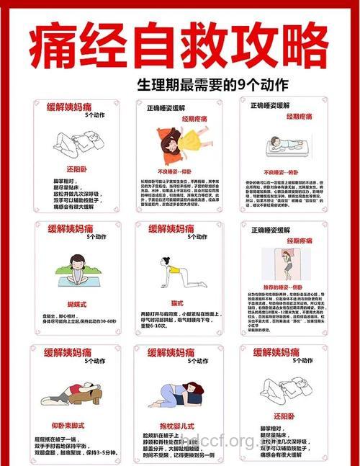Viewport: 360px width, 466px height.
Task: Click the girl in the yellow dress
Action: [x=177, y=141]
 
